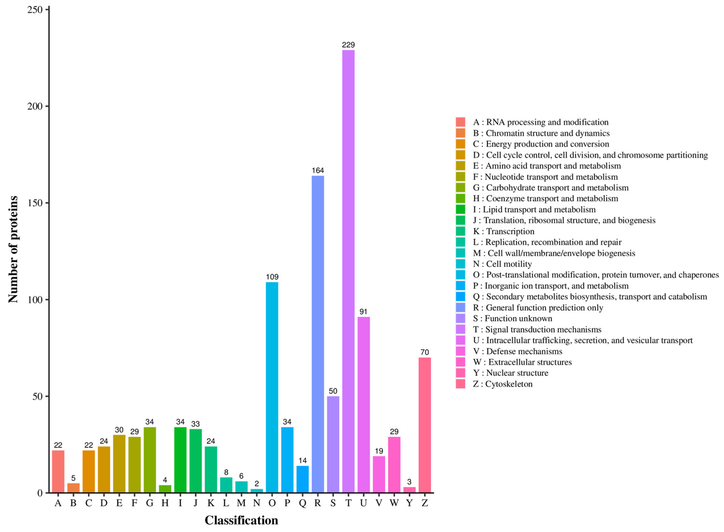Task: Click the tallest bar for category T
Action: [348, 270]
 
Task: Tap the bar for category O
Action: [272, 386]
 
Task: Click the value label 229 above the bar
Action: [348, 45]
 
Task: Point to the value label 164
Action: [318, 170]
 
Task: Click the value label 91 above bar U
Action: [363, 312]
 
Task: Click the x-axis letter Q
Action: [302, 503]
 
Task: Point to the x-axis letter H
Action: [165, 503]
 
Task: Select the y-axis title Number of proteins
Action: [13, 250]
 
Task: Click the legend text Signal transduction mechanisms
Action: [543, 330]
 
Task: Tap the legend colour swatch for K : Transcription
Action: [460, 231]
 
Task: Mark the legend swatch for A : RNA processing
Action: [460, 122]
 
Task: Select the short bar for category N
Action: [257, 491]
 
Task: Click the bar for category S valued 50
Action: [333, 444]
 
